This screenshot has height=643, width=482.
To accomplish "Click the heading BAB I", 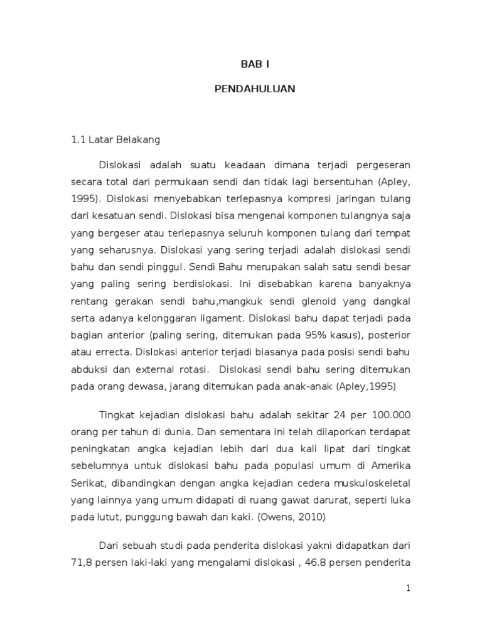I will [x=255, y=63].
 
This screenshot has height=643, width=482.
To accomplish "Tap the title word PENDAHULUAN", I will [x=255, y=89].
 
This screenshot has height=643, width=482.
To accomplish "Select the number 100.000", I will [x=388, y=415].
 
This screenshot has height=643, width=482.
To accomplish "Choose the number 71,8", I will [x=81, y=546].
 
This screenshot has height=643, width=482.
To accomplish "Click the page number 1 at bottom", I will [x=407, y=588].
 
